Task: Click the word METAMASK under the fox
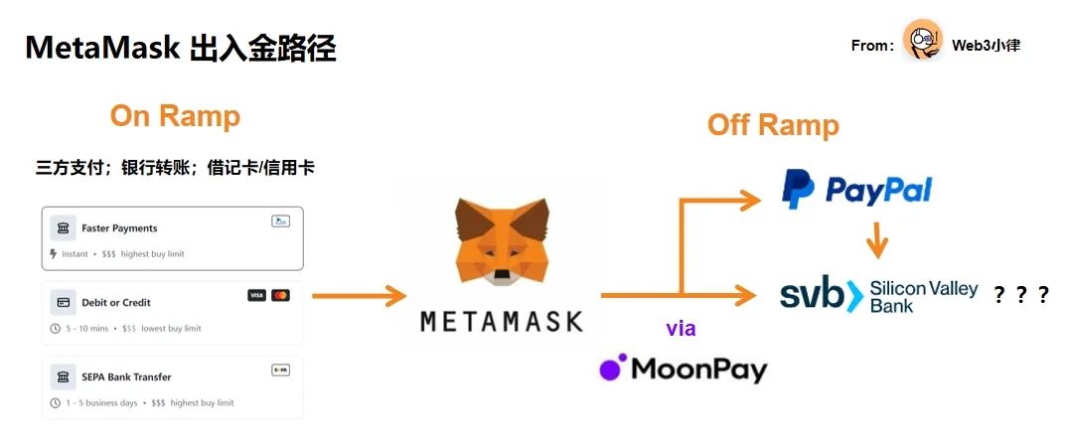(502, 322)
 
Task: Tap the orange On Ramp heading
(175, 116)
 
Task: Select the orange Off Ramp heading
(773, 125)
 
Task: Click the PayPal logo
(855, 189)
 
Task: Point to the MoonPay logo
(684, 368)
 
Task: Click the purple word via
(681, 329)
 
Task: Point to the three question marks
(1021, 295)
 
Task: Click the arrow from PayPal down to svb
(876, 241)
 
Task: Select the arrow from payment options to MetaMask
(359, 296)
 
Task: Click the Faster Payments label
(119, 228)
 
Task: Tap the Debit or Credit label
(116, 302)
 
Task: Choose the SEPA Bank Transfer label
(126, 376)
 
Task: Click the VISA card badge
(257, 296)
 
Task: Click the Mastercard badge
(280, 296)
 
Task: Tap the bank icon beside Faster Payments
(64, 228)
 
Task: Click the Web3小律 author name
(986, 45)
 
